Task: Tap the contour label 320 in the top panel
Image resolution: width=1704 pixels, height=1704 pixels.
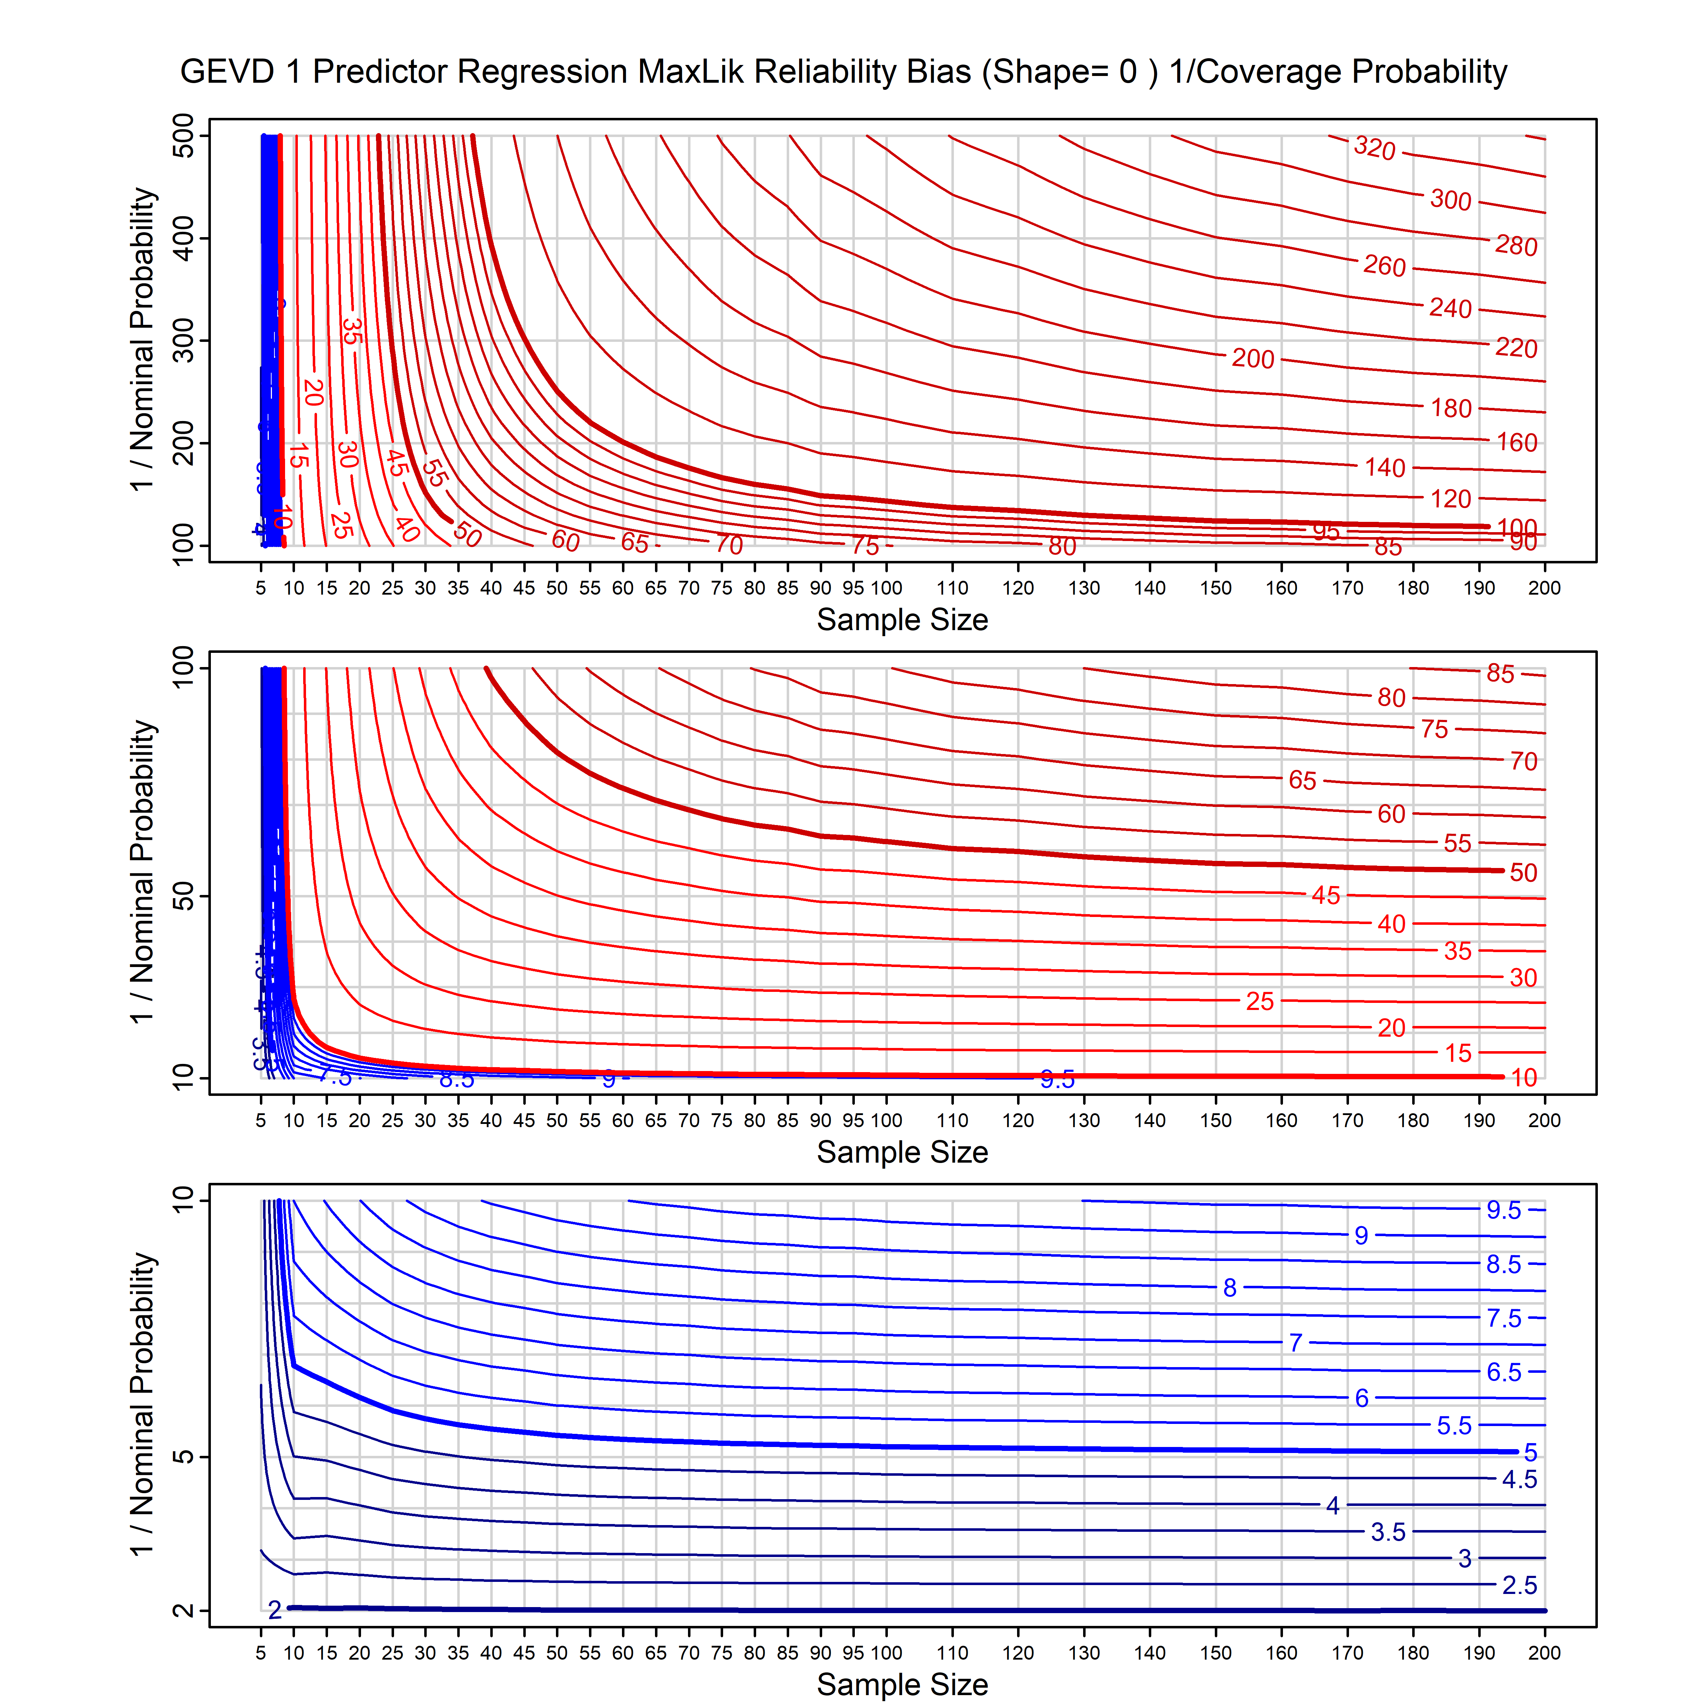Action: [1374, 147]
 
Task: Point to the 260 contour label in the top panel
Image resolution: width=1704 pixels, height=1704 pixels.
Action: [1384, 266]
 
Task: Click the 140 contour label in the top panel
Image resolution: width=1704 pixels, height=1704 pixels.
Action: [1385, 468]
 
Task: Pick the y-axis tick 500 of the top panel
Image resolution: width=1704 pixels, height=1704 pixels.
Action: [184, 136]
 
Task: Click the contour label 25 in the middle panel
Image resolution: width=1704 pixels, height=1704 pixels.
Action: [1260, 1001]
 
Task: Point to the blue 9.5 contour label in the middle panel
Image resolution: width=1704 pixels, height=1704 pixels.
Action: [1056, 1079]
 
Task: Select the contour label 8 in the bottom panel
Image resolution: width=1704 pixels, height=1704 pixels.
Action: [1229, 1288]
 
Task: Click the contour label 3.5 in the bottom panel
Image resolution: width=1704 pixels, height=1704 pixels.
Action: [1387, 1532]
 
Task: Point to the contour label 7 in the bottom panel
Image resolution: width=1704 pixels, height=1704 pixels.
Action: [1295, 1342]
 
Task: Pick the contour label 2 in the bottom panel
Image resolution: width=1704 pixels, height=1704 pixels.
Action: [274, 1611]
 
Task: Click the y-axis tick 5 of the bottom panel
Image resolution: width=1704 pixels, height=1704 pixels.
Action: [184, 1456]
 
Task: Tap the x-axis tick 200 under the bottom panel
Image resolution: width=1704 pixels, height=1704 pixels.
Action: [1544, 1653]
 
